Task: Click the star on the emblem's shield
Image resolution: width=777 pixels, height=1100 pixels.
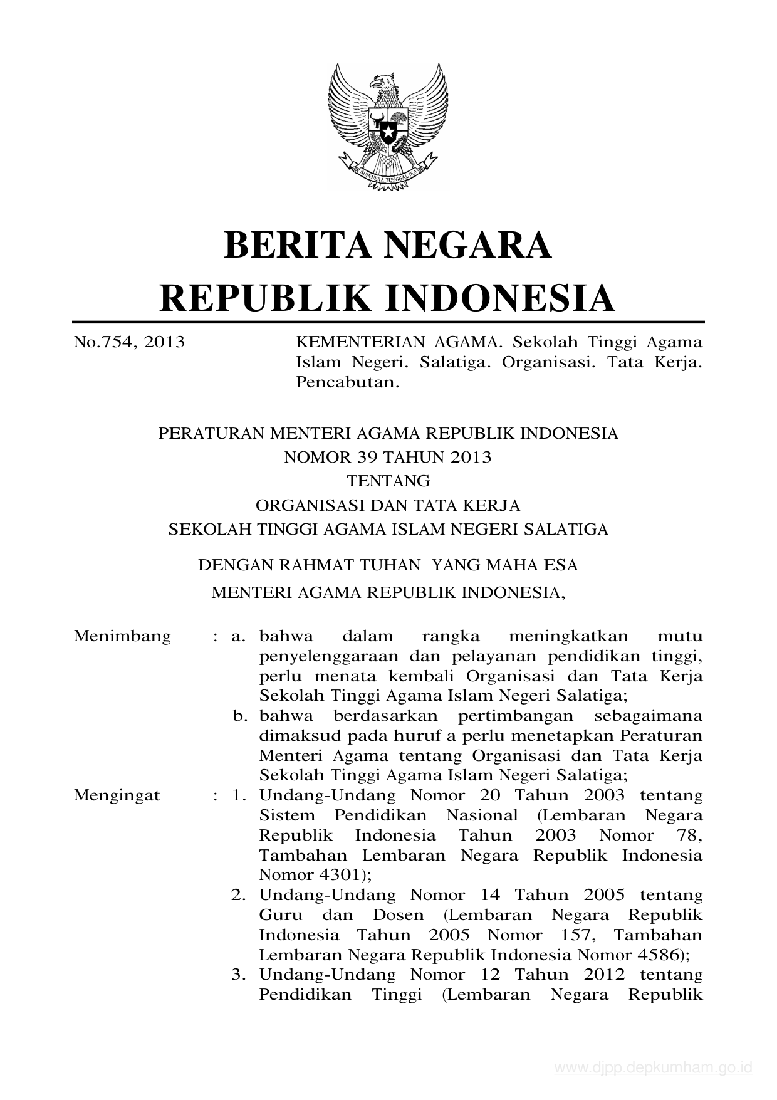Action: pyautogui.click(x=388, y=132)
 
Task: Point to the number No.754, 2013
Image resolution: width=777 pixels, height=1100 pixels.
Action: pyautogui.click(x=129, y=342)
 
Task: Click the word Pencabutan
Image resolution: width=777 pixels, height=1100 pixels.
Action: pyautogui.click(x=347, y=382)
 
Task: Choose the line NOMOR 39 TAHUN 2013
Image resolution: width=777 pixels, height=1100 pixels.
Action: pyautogui.click(x=388, y=457)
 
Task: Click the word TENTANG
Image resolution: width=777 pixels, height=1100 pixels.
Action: pyautogui.click(x=388, y=481)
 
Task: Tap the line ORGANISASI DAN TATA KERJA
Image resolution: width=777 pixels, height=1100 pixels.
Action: pyautogui.click(x=388, y=505)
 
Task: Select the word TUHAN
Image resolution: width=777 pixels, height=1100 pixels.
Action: pyautogui.click(x=389, y=565)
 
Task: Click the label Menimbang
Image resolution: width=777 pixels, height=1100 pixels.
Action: pyautogui.click(x=122, y=636)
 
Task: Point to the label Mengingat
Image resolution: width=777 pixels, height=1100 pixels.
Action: pyautogui.click(x=117, y=795)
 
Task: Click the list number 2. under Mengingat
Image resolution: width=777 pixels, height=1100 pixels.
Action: pyautogui.click(x=238, y=895)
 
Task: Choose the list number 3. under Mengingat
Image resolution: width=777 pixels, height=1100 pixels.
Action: pyautogui.click(x=238, y=975)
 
